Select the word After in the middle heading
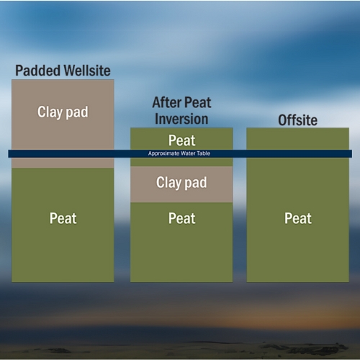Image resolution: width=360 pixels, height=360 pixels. tap(166, 103)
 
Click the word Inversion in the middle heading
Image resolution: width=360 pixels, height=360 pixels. tap(181, 119)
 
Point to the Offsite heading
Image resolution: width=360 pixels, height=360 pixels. tap(297, 120)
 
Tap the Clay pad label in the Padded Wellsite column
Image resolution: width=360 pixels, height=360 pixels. tap(63, 112)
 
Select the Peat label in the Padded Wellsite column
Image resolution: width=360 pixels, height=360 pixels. tap(63, 218)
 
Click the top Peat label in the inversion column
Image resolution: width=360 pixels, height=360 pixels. tap(181, 140)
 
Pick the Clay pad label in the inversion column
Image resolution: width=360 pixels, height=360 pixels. tap(181, 183)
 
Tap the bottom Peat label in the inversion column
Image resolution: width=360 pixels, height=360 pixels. tap(181, 218)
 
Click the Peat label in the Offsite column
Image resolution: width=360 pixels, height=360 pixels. tap(297, 218)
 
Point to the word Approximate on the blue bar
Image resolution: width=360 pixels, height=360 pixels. tap(163, 154)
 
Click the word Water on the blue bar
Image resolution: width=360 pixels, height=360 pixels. tap(189, 154)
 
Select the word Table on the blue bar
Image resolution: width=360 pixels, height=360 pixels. tap(206, 154)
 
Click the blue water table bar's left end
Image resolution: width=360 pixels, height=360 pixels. tap(11, 154)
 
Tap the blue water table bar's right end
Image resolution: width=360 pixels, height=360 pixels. tap(349, 154)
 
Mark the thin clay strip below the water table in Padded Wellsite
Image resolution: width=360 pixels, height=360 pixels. tap(63, 163)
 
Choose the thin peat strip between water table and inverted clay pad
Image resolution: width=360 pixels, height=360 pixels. tap(181, 162)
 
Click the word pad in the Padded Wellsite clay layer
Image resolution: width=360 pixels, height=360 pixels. tap(78, 112)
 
